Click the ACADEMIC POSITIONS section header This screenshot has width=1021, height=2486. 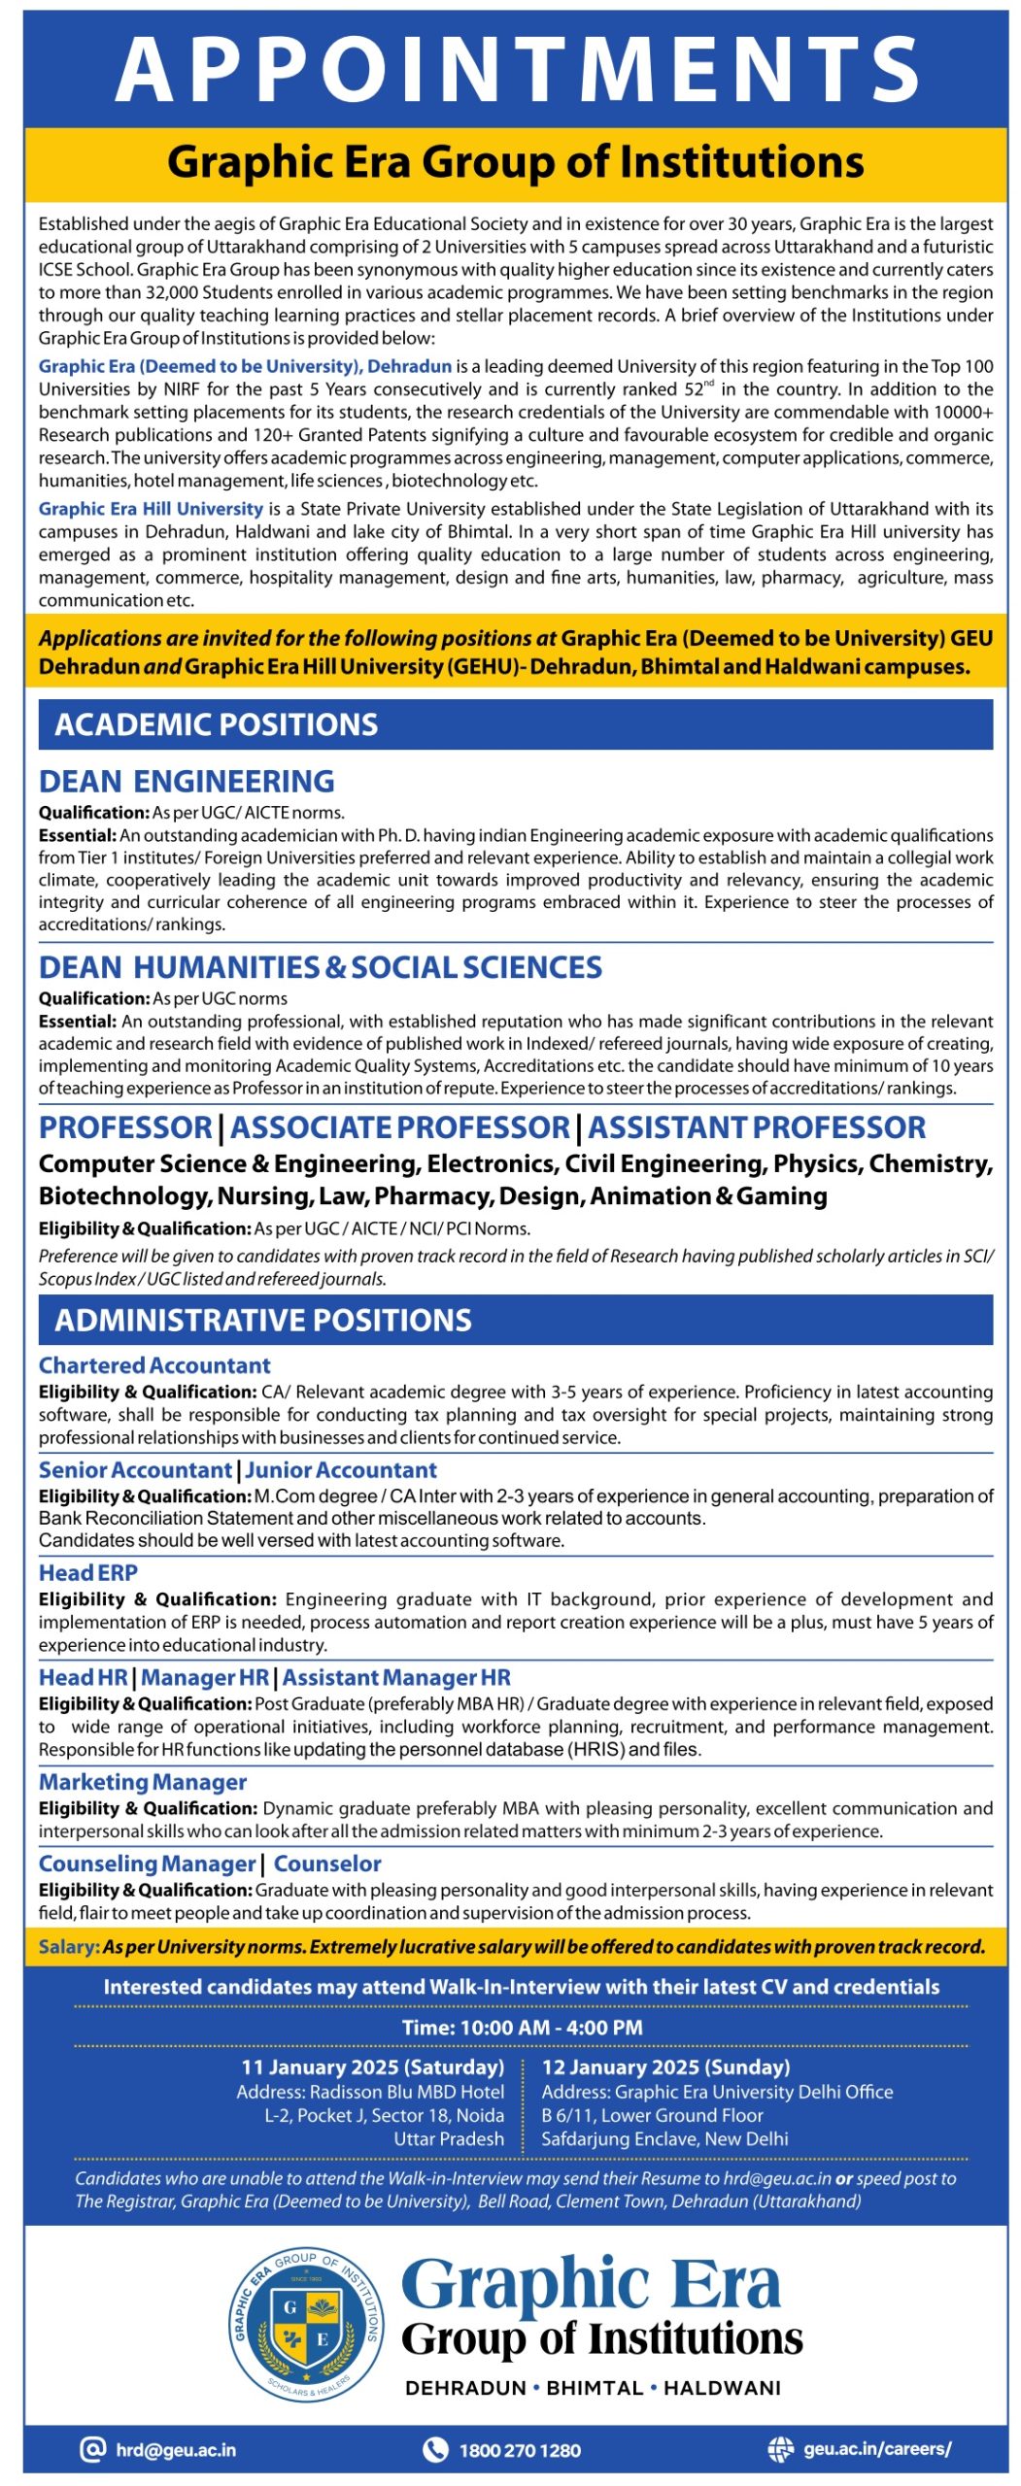pyautogui.click(x=216, y=724)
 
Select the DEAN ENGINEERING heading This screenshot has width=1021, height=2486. pyautogui.click(x=187, y=781)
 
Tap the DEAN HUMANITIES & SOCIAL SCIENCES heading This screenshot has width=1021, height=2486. pyautogui.click(x=320, y=967)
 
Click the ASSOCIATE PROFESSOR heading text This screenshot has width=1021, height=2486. pyautogui.click(x=399, y=1127)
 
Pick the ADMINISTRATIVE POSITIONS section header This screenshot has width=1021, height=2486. pyautogui.click(x=262, y=1320)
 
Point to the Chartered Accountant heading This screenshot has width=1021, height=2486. pyautogui.click(x=154, y=1365)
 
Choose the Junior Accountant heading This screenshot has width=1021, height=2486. pyautogui.click(x=341, y=1470)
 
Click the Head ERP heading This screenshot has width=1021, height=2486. pyautogui.click(x=88, y=1573)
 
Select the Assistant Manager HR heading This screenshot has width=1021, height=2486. pyautogui.click(x=396, y=1677)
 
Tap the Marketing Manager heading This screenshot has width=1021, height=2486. pyautogui.click(x=143, y=1782)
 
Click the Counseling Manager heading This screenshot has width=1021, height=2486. pyautogui.click(x=147, y=1864)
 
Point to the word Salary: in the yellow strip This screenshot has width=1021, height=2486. pyautogui.click(x=69, y=1947)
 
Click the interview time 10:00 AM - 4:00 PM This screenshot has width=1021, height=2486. pyautogui.click(x=522, y=2028)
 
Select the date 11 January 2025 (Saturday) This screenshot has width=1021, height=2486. pyautogui.click(x=372, y=2066)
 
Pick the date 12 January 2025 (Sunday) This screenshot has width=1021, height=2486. pyautogui.click(x=665, y=2066)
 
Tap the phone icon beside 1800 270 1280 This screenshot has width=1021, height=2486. pyautogui.click(x=434, y=2449)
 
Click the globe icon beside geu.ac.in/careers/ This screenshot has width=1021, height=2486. pyautogui.click(x=780, y=2449)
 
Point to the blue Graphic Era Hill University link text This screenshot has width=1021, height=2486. pyautogui.click(x=151, y=509)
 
